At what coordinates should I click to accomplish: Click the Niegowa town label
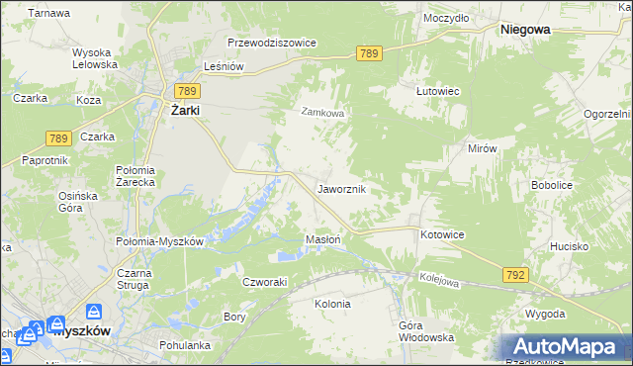(525, 30)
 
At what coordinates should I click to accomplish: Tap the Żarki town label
(184, 111)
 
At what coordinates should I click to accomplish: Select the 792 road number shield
(514, 274)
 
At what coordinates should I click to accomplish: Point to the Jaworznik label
(342, 188)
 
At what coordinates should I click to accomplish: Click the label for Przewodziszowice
(271, 44)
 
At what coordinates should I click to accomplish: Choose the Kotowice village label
(442, 234)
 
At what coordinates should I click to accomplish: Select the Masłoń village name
(323, 239)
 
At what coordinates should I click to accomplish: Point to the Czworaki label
(265, 281)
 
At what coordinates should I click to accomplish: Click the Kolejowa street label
(439, 281)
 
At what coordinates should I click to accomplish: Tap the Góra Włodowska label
(425, 331)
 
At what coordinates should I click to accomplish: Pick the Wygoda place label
(546, 314)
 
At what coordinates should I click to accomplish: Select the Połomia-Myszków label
(160, 242)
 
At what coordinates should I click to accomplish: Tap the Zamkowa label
(322, 113)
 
